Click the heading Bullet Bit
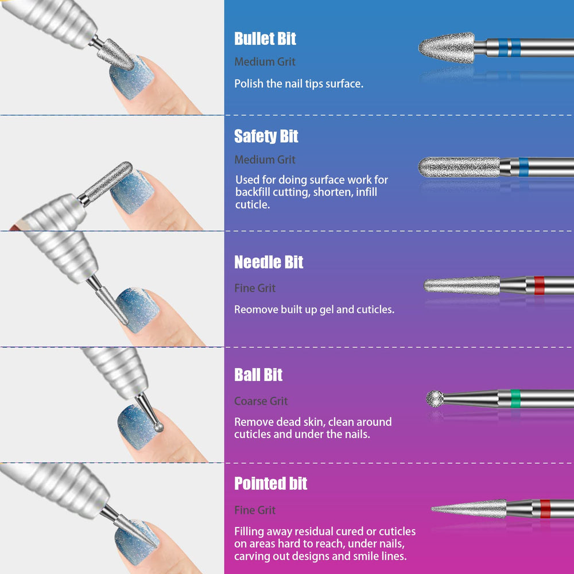(265, 39)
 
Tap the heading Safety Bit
(266, 136)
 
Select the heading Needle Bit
(269, 262)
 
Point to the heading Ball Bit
(258, 375)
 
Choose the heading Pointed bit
(270, 483)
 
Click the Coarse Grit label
(261, 401)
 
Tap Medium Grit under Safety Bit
(265, 160)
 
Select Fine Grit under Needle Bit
(255, 288)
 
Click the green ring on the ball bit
(515, 399)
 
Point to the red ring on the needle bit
(539, 285)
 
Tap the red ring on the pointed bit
(545, 509)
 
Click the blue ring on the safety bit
(523, 167)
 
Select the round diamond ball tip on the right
(435, 398)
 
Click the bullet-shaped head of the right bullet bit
(447, 48)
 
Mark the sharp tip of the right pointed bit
(432, 508)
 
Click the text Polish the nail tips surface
(298, 84)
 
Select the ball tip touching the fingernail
(158, 427)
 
